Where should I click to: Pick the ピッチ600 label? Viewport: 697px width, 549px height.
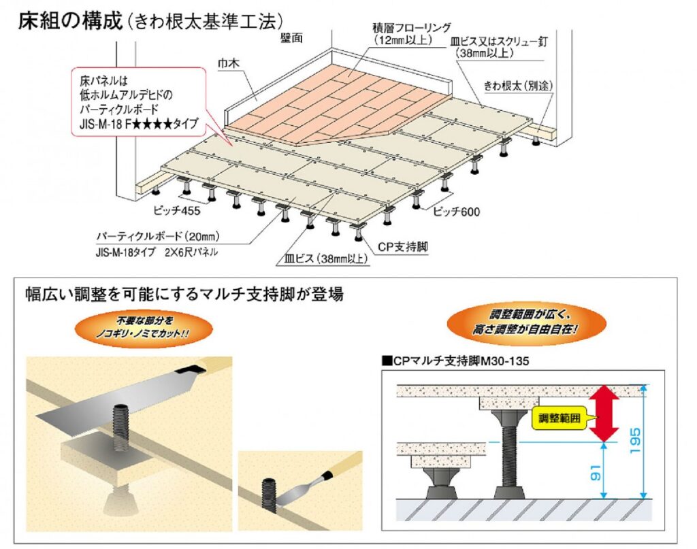[x=456, y=212]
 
